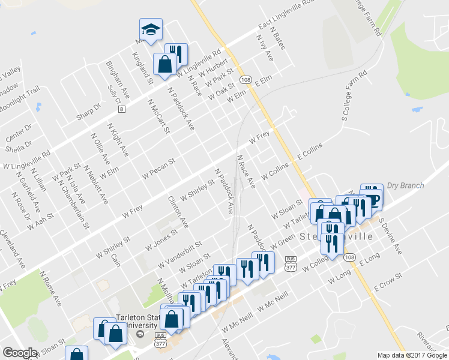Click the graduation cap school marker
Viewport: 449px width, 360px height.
coord(151,28)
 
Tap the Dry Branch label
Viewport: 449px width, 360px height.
coord(405,185)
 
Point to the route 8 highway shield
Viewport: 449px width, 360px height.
coord(122,109)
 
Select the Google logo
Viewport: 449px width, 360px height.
coord(20,353)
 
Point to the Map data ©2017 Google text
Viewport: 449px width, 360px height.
coord(411,355)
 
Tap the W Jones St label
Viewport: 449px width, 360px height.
coord(161,240)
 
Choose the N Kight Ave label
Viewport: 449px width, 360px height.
coord(118,140)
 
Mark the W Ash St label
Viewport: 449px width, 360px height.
coord(40,223)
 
